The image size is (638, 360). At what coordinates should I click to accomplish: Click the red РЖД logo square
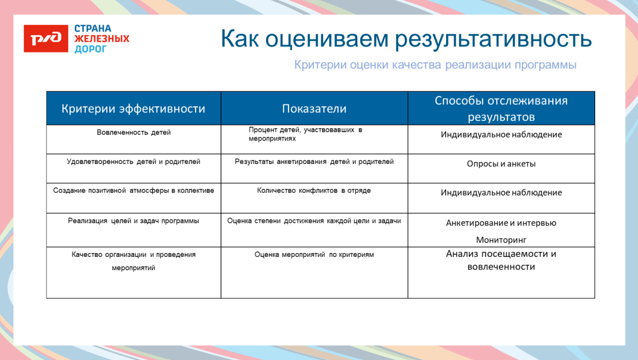click(x=45, y=39)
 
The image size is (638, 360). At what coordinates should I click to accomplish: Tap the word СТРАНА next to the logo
click(x=93, y=29)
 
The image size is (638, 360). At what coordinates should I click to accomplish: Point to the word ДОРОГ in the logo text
click(x=90, y=49)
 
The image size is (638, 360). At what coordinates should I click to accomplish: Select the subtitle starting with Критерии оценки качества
click(x=435, y=65)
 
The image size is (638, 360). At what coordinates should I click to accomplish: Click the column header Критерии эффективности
click(x=133, y=109)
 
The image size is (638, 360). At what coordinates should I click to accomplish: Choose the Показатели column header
click(x=314, y=109)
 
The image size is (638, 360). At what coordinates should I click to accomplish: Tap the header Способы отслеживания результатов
click(x=501, y=108)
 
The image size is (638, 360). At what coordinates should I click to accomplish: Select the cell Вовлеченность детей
click(x=134, y=133)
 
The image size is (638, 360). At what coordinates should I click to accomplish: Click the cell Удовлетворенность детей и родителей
click(x=134, y=162)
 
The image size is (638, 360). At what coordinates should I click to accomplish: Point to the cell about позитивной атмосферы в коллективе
click(x=134, y=190)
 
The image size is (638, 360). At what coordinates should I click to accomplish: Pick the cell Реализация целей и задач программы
click(x=134, y=221)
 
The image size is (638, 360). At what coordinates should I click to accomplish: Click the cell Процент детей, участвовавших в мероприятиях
click(x=305, y=134)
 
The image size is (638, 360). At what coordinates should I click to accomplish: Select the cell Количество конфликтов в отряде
click(x=314, y=190)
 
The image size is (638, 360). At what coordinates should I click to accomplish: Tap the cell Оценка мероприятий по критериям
click(x=314, y=254)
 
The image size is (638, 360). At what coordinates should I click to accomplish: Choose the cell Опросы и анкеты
click(x=501, y=164)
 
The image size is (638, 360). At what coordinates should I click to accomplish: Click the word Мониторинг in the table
click(x=501, y=239)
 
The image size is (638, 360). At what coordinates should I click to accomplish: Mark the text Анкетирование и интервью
click(x=501, y=223)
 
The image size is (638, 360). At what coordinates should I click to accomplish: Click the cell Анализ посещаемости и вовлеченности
click(x=501, y=260)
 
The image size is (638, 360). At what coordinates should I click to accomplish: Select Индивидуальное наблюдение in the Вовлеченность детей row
click(x=501, y=135)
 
